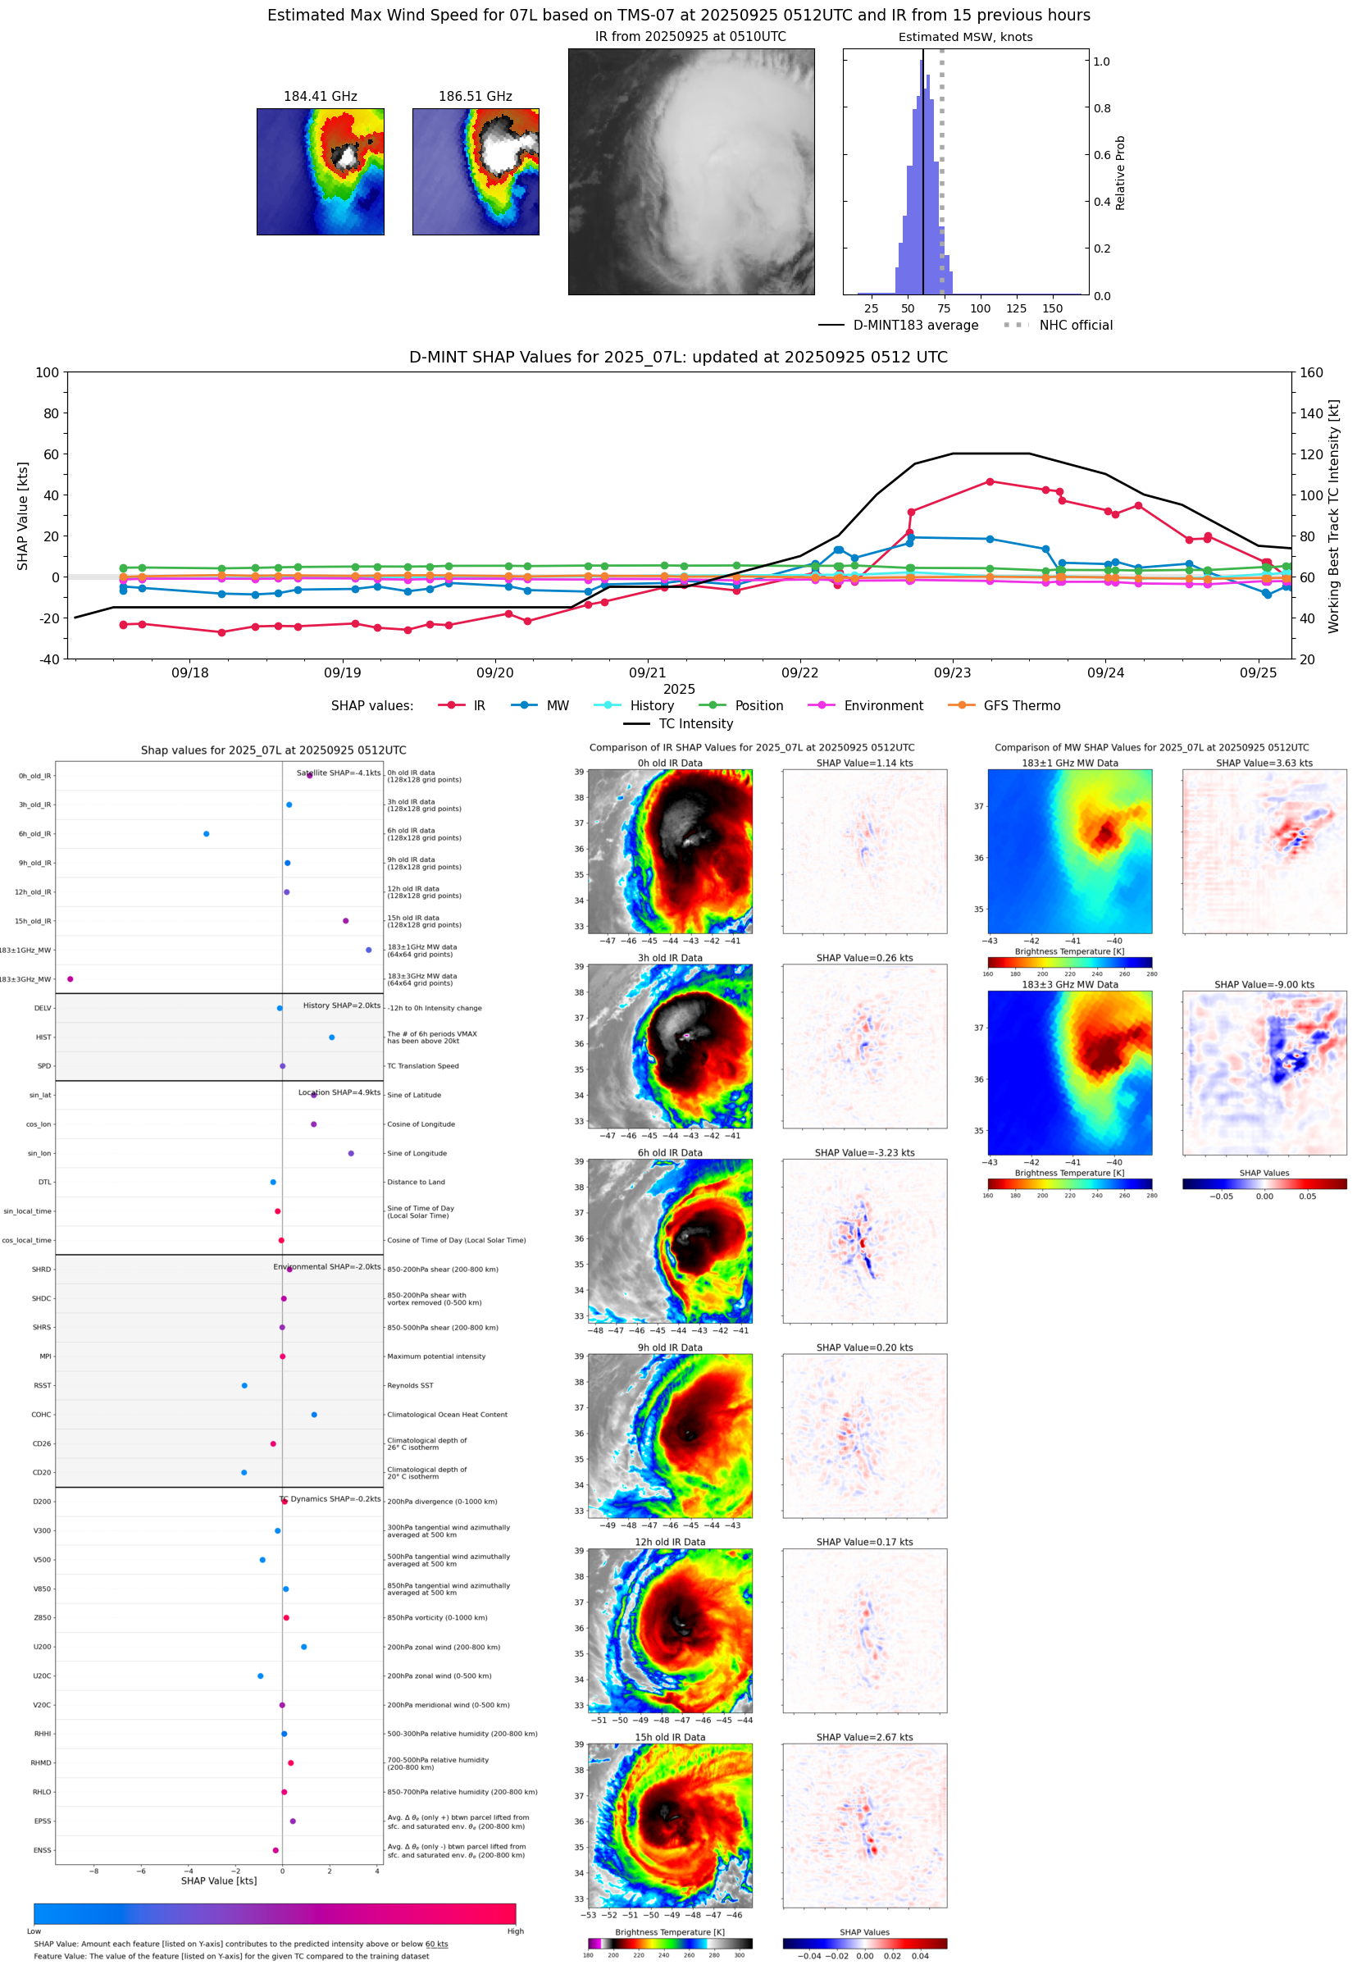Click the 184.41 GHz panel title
click(320, 97)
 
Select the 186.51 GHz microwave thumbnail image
click(476, 171)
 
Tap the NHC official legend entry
click(1075, 325)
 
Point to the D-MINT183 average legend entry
click(915, 325)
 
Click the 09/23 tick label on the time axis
click(951, 672)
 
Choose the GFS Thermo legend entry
click(1021, 706)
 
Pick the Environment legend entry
click(882, 706)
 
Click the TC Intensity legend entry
click(694, 723)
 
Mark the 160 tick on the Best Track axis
click(1311, 372)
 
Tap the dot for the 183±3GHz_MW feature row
click(71, 978)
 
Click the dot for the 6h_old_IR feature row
click(207, 833)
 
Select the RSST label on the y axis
click(43, 1385)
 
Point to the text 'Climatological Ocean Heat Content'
click(447, 1414)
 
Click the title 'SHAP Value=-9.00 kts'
click(1264, 985)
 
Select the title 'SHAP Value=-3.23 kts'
click(864, 1153)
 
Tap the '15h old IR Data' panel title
click(670, 1737)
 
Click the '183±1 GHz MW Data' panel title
click(1070, 764)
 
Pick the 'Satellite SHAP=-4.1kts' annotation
click(339, 773)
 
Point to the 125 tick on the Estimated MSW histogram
click(1016, 308)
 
